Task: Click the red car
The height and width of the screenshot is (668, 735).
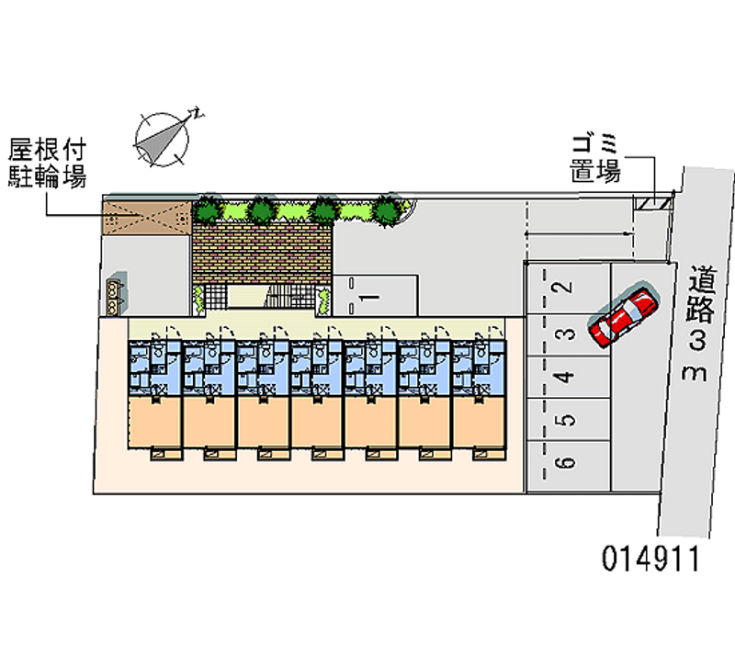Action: click(x=624, y=316)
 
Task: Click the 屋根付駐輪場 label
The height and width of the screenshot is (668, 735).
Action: click(x=48, y=163)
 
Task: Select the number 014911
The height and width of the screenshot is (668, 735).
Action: click(x=650, y=558)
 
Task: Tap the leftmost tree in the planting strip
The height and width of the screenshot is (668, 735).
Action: click(x=209, y=211)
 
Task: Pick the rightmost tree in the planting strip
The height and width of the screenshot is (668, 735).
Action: click(x=387, y=211)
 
